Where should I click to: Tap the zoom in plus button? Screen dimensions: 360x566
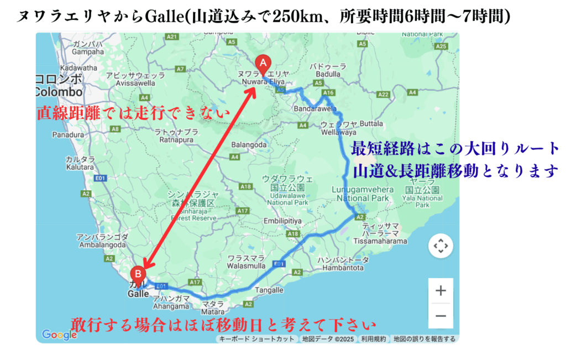tap(441, 291)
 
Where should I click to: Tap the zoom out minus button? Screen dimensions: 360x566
tap(441, 316)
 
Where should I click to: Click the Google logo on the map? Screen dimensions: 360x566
tap(59, 335)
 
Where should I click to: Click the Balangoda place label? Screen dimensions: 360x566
tap(248, 145)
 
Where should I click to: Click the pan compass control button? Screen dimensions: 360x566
tap(441, 246)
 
